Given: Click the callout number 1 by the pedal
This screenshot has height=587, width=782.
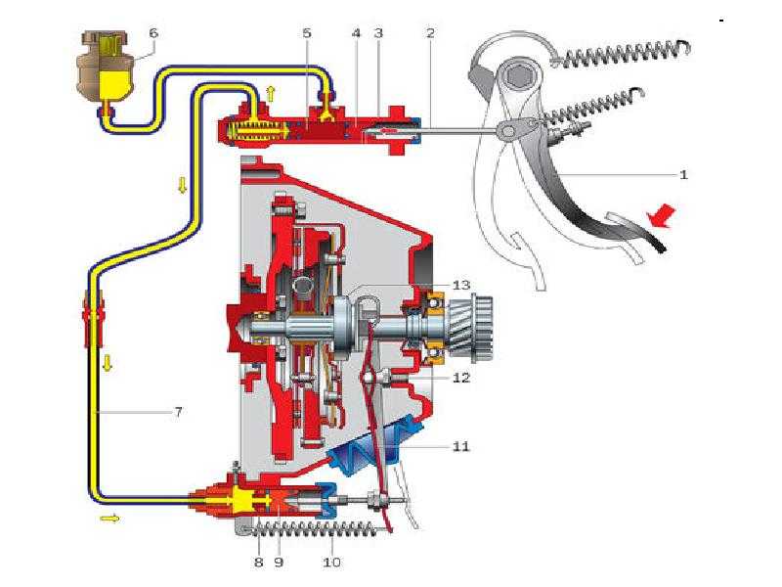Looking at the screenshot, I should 684,175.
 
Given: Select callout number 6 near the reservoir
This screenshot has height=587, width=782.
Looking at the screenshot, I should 152,32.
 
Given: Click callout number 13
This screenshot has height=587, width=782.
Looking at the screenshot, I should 461,284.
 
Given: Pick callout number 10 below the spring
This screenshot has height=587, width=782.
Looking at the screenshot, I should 332,563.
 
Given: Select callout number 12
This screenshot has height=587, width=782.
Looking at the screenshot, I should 461,378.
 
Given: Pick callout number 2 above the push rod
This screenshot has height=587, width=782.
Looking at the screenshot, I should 430,32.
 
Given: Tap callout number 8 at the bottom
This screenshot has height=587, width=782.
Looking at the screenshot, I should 259,563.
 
